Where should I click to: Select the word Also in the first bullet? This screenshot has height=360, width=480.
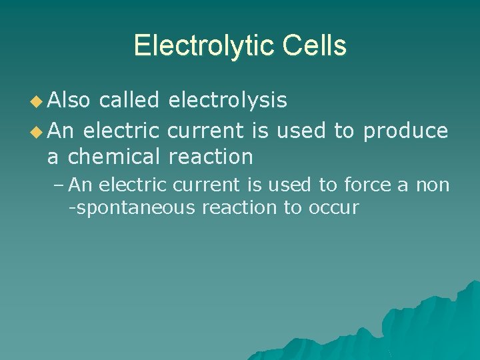click(70, 100)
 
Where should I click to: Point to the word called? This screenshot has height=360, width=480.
click(129, 100)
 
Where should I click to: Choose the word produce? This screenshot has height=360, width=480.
click(405, 131)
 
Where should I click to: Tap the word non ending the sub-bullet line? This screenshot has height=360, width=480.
click(433, 185)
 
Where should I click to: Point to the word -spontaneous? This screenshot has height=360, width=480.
click(132, 208)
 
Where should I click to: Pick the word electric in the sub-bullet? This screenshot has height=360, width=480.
click(135, 184)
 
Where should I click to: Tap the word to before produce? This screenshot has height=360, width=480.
click(344, 131)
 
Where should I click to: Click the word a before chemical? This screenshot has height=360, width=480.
click(53, 157)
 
